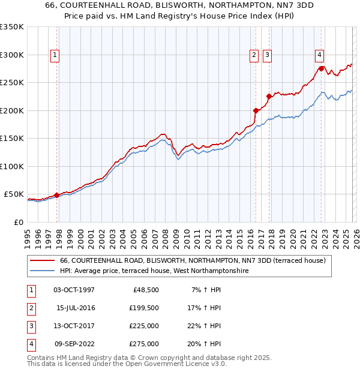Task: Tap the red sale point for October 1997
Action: click(56, 195)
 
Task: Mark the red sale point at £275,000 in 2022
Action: click(321, 68)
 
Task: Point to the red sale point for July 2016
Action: click(256, 110)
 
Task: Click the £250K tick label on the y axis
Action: click(12, 83)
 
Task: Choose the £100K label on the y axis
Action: click(12, 166)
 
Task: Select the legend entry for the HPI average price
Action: click(154, 271)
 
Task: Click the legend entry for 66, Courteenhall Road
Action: click(192, 260)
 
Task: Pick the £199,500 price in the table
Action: click(144, 308)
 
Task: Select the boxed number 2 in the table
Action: click(31, 308)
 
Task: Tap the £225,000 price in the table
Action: click(144, 326)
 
